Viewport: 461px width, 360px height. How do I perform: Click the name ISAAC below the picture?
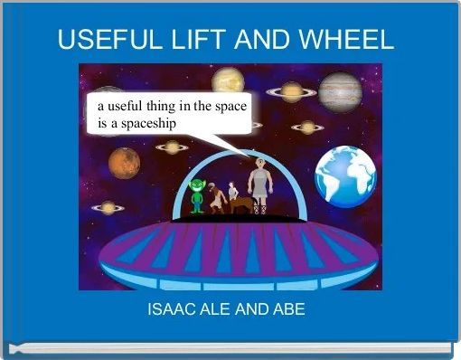point(169,309)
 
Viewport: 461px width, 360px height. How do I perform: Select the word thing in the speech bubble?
point(162,105)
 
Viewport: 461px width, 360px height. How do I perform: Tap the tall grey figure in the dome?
point(260,184)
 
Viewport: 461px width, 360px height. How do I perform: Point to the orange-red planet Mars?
point(124,163)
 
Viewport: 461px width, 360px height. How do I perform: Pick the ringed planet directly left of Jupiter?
point(291,90)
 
